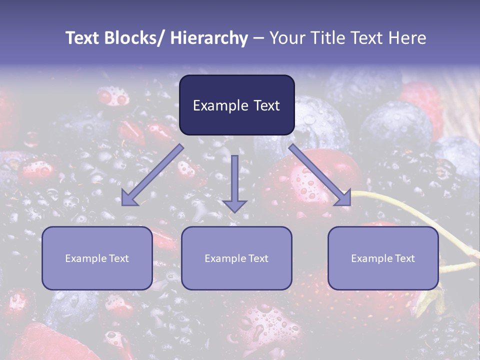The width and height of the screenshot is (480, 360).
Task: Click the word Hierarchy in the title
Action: pyautogui.click(x=209, y=38)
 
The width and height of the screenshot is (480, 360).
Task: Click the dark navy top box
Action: pyautogui.click(x=236, y=105)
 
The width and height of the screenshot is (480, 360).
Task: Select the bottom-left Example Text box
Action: pyautogui.click(x=97, y=258)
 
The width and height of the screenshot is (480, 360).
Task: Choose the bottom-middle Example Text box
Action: pyautogui.click(x=236, y=258)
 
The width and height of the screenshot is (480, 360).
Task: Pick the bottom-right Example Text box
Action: pyautogui.click(x=383, y=258)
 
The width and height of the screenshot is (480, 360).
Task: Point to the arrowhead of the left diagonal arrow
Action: pyautogui.click(x=129, y=199)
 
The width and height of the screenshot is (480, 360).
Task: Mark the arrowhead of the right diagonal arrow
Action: pyautogui.click(x=344, y=199)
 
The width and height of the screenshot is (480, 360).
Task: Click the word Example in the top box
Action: pyautogui.click(x=218, y=105)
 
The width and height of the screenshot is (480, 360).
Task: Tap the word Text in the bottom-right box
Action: pyautogui.click(x=405, y=258)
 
